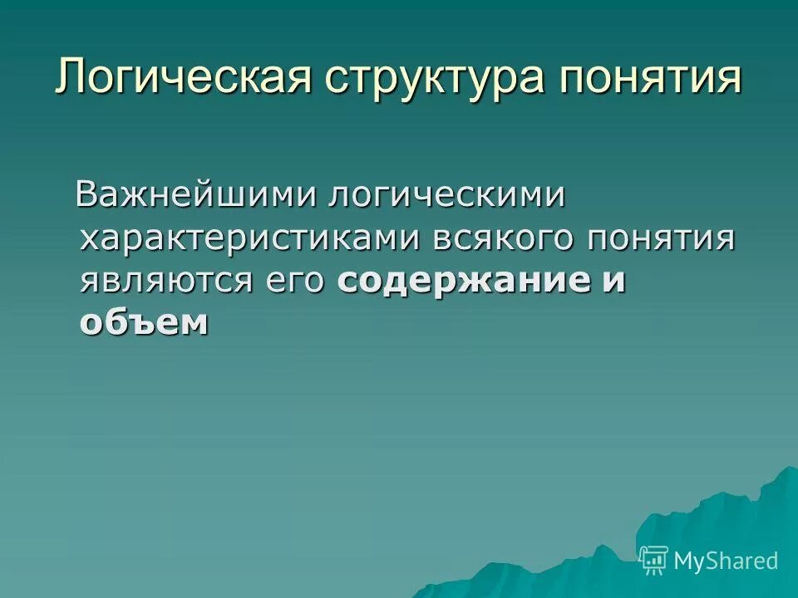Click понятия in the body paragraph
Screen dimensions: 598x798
[661, 239]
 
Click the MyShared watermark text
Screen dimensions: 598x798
[726, 561]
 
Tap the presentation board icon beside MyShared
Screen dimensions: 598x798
[654, 560]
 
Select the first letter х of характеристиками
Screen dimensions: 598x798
[90, 240]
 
